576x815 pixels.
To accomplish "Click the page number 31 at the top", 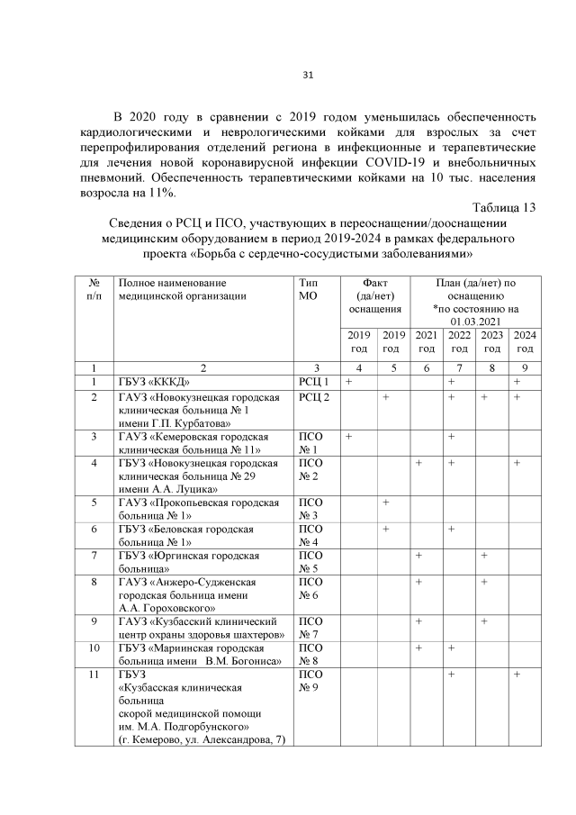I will [x=306, y=75].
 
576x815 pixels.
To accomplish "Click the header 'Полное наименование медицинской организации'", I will [x=175, y=288].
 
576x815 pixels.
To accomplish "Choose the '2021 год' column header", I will [x=427, y=341].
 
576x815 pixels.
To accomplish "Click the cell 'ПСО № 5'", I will [x=310, y=562].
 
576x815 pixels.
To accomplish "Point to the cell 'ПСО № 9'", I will [x=310, y=681].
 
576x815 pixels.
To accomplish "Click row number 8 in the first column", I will [x=95, y=583].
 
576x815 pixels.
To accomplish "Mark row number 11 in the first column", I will [x=95, y=674].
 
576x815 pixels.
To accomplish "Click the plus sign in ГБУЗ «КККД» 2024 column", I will [x=517, y=383].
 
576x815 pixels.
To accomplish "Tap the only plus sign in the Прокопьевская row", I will [x=385, y=502].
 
